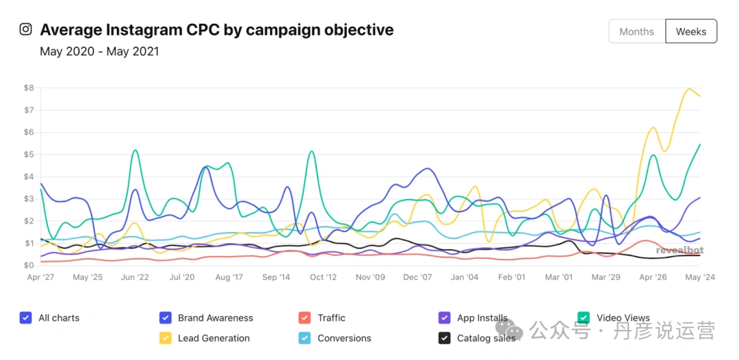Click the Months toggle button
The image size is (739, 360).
636,31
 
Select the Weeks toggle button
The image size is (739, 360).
691,31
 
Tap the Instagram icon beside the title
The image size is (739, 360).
25,29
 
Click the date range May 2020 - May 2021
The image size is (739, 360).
99,51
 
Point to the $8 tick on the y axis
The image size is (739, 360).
29,88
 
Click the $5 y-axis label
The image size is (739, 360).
29,155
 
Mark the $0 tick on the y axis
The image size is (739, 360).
29,266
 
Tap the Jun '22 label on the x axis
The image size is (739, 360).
135,277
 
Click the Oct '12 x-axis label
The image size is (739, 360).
323,277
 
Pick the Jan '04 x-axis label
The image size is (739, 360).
465,277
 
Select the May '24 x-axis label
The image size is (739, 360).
700,277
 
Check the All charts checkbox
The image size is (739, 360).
26,318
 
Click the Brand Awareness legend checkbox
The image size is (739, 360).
165,318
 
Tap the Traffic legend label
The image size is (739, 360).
331,318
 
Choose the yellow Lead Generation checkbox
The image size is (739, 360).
165,338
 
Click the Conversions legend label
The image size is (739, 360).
344,338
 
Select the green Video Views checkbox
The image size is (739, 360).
584,318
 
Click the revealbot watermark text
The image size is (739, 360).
679,250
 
